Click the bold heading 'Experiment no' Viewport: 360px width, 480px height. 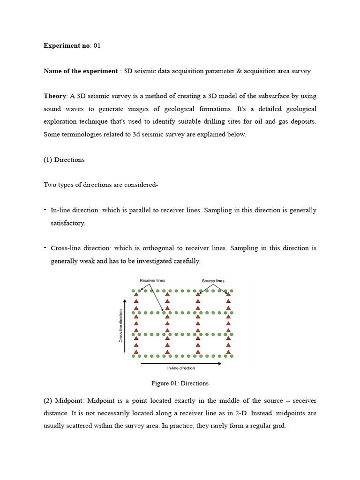(x=67, y=46)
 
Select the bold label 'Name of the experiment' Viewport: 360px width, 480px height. (x=81, y=71)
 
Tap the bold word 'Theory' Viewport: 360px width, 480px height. (x=55, y=96)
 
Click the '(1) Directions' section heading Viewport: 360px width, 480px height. (x=64, y=160)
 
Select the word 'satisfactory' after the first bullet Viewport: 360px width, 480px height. (x=67, y=223)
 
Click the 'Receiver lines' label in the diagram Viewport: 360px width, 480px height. (x=152, y=281)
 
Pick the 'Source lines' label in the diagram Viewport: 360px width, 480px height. (x=213, y=281)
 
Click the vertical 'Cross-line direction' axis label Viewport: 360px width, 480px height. (x=121, y=325)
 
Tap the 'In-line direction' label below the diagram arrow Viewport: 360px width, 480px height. (x=181, y=368)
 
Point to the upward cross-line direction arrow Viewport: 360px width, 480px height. (x=125, y=325)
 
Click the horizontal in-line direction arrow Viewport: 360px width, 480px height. (x=181, y=363)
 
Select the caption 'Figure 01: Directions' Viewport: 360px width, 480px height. (x=180, y=383)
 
